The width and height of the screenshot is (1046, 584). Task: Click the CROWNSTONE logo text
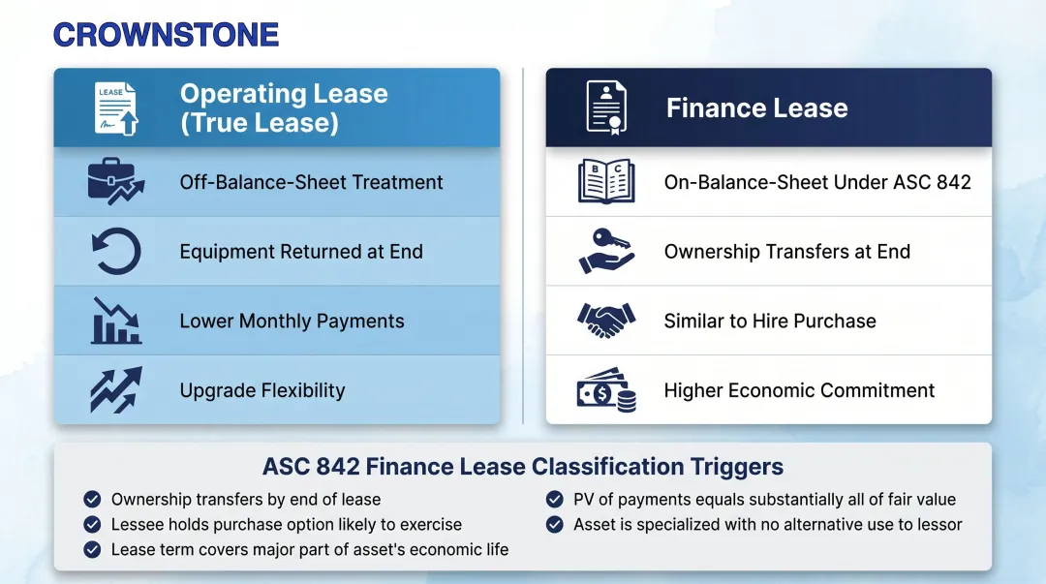(166, 35)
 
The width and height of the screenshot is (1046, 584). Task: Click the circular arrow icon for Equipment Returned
(116, 252)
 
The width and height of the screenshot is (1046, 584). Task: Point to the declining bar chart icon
(116, 321)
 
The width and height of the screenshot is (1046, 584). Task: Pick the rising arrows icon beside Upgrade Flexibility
(116, 389)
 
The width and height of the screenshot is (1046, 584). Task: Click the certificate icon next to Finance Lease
(606, 108)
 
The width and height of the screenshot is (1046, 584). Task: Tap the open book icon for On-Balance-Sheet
(606, 182)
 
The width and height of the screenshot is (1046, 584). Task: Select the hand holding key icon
(606, 252)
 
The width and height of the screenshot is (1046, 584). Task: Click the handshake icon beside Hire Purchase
(606, 320)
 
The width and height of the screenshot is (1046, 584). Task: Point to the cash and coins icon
(606, 390)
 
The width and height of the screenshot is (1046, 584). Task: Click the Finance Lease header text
(756, 108)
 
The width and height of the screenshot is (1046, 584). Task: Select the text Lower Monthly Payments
(292, 322)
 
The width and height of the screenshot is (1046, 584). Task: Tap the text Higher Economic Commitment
(799, 391)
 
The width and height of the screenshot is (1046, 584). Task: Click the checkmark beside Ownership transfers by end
(92, 500)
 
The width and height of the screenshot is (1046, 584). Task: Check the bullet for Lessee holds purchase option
(92, 525)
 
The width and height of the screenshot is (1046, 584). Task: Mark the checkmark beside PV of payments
(555, 500)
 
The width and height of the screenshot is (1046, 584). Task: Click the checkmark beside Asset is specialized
(555, 525)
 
